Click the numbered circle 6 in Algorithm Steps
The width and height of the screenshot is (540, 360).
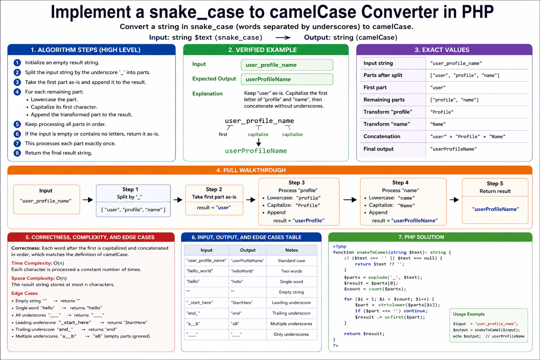17,134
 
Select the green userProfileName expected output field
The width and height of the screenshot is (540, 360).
287,79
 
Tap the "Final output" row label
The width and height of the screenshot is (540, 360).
378,149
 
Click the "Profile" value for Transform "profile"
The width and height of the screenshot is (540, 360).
442,112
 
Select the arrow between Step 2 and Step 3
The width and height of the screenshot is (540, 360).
251,200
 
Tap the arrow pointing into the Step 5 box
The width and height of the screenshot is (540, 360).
454,200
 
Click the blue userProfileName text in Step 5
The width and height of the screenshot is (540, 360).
495,209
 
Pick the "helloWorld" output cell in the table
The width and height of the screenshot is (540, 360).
242,271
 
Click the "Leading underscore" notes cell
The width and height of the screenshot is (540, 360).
291,303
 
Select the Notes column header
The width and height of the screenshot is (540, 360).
291,250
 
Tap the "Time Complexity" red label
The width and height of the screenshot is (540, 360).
31,263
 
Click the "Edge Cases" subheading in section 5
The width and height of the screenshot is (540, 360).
25,293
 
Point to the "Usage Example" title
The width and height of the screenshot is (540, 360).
469,314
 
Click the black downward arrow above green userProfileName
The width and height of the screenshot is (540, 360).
258,142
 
